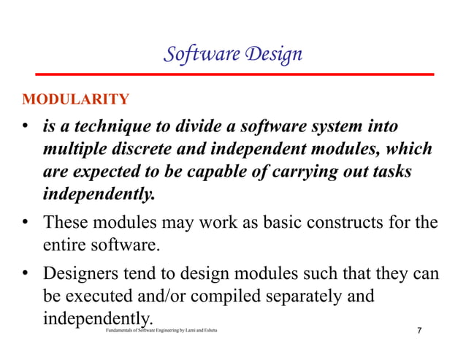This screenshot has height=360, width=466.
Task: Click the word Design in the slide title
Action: click(272, 55)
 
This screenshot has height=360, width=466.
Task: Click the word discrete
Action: click(147, 150)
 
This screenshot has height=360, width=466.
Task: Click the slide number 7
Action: click(419, 332)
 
